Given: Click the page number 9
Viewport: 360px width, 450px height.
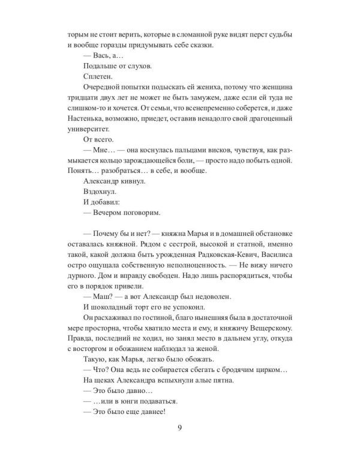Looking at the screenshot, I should coord(180,427).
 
